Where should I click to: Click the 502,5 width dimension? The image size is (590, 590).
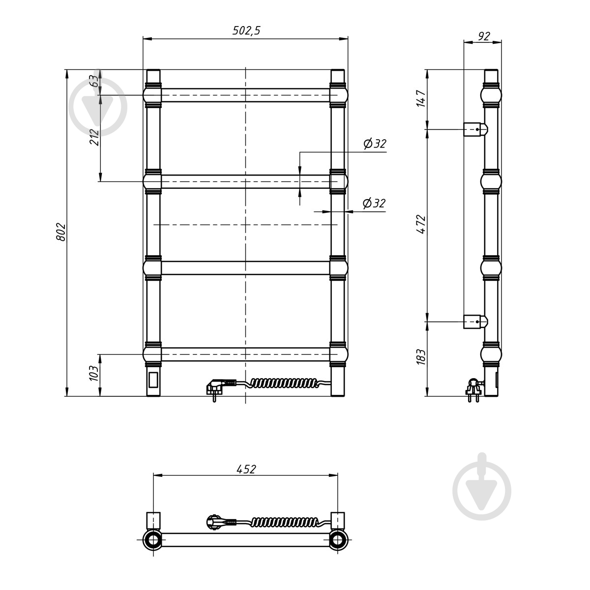click(246, 31)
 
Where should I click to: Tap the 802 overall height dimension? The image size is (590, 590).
click(61, 232)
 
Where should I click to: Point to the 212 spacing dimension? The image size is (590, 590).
click(94, 138)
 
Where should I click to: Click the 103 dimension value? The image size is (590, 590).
click(94, 373)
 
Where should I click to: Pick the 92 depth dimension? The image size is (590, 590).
click(484, 36)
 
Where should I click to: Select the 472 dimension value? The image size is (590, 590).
click(421, 225)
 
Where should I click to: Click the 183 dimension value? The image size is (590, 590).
click(421, 357)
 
